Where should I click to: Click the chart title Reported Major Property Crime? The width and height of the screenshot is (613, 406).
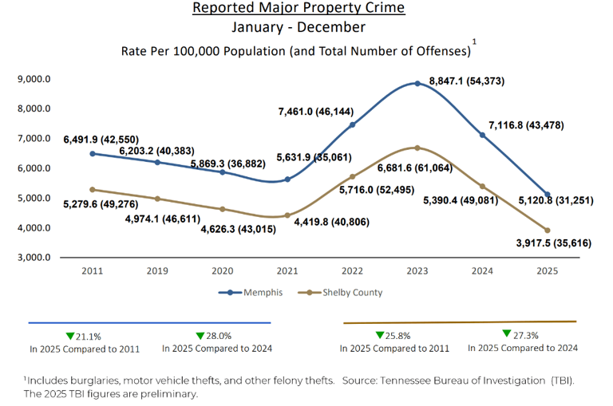point(299,9)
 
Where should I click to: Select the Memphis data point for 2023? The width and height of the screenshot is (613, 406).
point(417,84)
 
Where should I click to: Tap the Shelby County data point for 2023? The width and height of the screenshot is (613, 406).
point(417,148)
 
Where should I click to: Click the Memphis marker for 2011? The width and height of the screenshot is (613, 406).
point(93,153)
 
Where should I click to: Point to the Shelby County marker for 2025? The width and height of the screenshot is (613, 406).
point(547,231)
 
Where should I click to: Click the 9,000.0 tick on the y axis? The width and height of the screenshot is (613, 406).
point(34,79)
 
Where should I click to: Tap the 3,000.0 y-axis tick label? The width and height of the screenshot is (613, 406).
point(34,258)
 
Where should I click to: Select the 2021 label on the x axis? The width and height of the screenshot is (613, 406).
point(287,271)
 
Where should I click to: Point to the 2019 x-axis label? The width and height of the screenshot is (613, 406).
point(157,271)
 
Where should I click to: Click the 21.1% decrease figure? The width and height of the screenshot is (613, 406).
point(83,336)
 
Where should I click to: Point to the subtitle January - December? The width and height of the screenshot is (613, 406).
point(299,28)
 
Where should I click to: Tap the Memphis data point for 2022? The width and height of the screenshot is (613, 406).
point(352,124)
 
